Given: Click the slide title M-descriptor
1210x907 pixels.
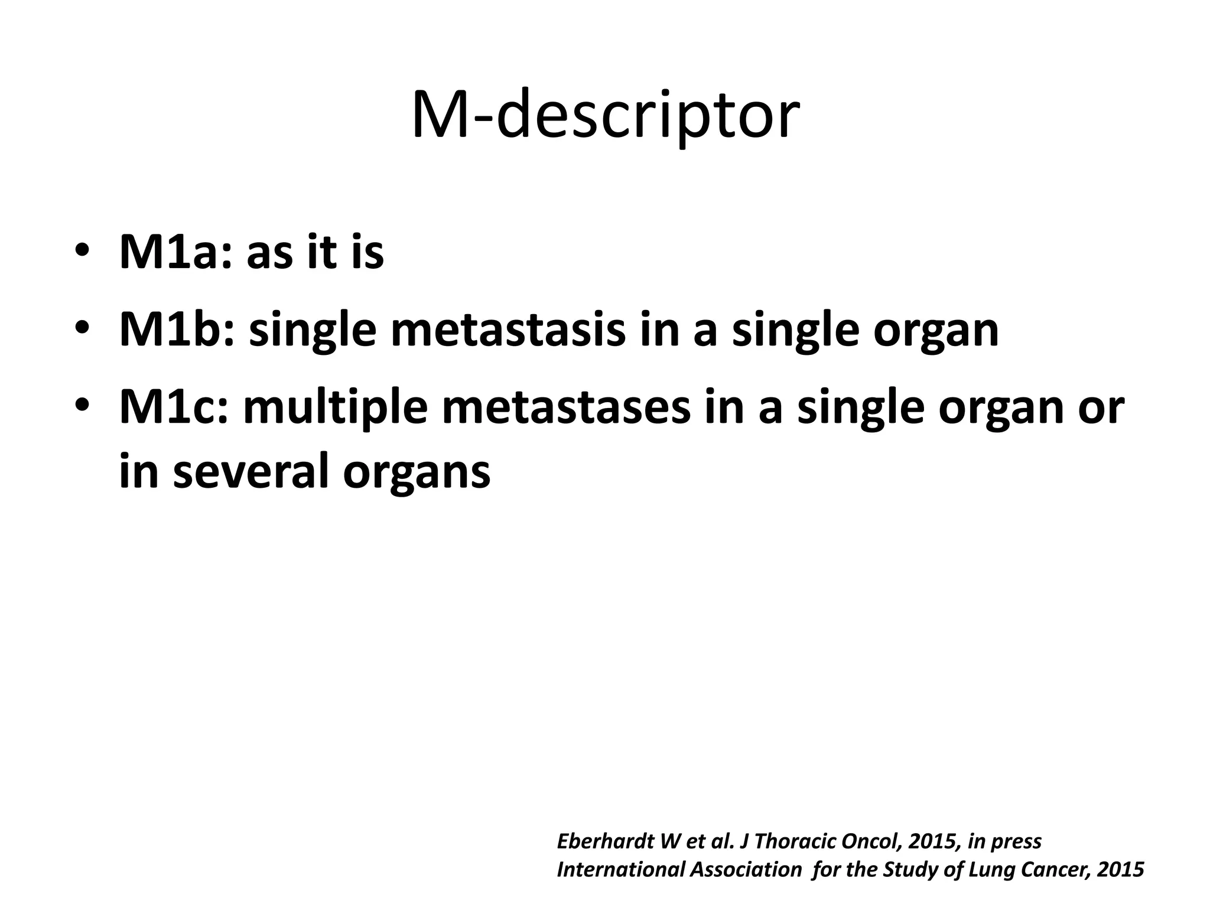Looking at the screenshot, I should pos(605,115).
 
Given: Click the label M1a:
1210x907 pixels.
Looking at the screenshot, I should pos(175,253).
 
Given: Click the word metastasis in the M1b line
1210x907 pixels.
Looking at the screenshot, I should pos(508,330).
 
